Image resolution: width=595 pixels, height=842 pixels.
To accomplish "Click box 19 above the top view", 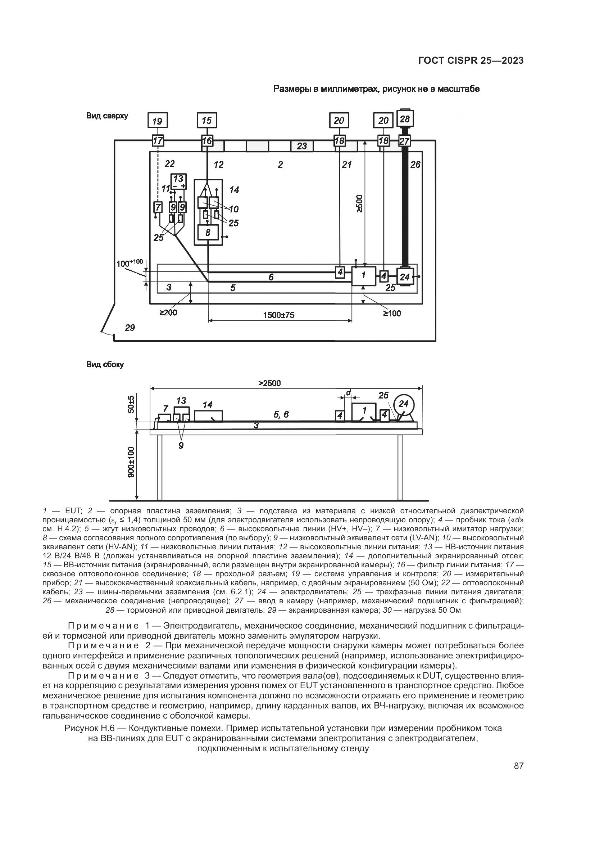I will click(157, 121).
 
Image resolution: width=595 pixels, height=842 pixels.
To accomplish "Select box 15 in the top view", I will click(206, 121).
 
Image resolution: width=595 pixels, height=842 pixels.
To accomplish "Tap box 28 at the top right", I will click(404, 119).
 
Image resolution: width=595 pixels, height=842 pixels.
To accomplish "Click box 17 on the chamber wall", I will click(158, 140).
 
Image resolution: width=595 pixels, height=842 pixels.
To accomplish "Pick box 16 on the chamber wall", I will click(207, 140).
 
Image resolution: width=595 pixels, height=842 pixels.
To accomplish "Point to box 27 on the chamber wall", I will click(404, 141).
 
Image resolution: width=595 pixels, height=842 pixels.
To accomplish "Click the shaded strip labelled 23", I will click(302, 146).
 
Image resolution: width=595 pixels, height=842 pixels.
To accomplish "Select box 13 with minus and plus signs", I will click(178, 181).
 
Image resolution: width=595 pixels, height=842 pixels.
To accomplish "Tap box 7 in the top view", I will click(158, 208).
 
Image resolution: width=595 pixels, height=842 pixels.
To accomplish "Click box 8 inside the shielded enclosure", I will click(208, 233).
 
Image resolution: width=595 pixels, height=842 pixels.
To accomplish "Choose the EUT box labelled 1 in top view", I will click(363, 276).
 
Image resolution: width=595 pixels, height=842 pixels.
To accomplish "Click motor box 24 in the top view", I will click(404, 277).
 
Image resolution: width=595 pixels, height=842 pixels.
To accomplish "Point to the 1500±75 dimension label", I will click(278, 315).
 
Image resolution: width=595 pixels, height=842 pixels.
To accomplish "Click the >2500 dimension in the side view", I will click(269, 383).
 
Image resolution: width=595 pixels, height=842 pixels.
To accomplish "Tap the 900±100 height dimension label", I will click(131, 462).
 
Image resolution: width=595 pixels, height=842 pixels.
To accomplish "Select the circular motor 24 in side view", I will click(403, 404).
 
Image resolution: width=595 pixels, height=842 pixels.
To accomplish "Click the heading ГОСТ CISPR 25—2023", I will click(471, 60).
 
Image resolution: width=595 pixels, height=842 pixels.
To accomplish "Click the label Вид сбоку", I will click(105, 365).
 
